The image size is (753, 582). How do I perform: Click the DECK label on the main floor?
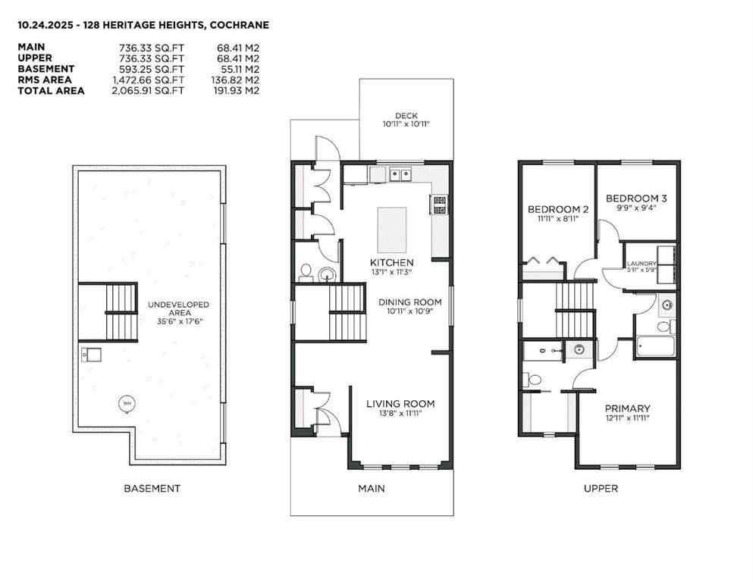(x=406, y=115)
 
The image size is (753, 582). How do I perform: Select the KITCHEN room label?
(x=391, y=262)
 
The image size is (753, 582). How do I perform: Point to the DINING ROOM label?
(x=409, y=302)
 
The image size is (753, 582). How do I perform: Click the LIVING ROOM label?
(x=400, y=404)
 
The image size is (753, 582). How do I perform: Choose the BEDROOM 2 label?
(x=558, y=209)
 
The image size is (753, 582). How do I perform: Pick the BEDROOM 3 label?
(x=636, y=199)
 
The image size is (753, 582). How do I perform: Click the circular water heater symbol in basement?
(x=124, y=403)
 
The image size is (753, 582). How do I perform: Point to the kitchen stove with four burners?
(x=439, y=204)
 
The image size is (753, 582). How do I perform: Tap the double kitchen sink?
(x=400, y=175)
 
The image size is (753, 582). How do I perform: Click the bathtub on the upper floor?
(x=654, y=347)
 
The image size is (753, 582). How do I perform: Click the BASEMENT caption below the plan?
(x=152, y=489)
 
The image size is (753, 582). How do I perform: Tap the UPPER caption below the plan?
(x=601, y=489)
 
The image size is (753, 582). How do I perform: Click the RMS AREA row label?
(x=45, y=80)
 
